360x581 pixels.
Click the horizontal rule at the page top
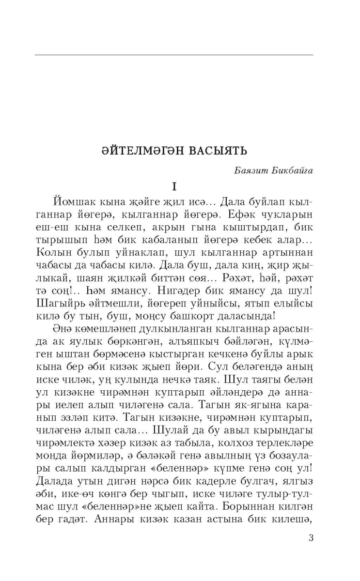pyautogui.click(x=173, y=55)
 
